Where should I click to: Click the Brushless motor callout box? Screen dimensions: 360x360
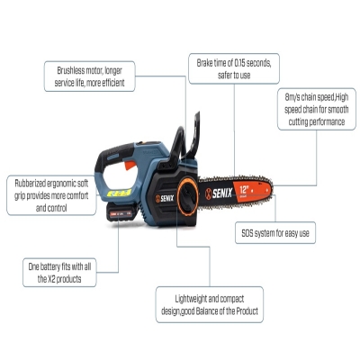(x=90, y=76)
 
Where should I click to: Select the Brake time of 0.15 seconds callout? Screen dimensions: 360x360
(x=234, y=68)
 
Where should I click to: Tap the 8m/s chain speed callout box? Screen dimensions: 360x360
(x=317, y=109)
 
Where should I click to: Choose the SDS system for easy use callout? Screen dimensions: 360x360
(x=275, y=233)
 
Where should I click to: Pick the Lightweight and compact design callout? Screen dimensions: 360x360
(x=210, y=304)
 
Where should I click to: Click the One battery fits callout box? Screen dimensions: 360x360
(x=59, y=273)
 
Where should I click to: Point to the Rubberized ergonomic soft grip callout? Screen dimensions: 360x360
(x=51, y=195)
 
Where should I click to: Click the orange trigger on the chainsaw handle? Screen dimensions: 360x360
(x=130, y=165)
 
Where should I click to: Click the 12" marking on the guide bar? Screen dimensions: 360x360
(x=244, y=190)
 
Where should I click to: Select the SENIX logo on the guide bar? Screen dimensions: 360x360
(x=219, y=193)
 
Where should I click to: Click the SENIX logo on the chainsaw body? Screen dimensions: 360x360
(x=165, y=198)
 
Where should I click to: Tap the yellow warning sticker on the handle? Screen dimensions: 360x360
(x=119, y=193)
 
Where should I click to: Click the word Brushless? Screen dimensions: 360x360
(x=71, y=71)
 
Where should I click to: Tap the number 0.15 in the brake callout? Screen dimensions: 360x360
(x=239, y=63)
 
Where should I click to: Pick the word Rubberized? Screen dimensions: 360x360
(x=31, y=183)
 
